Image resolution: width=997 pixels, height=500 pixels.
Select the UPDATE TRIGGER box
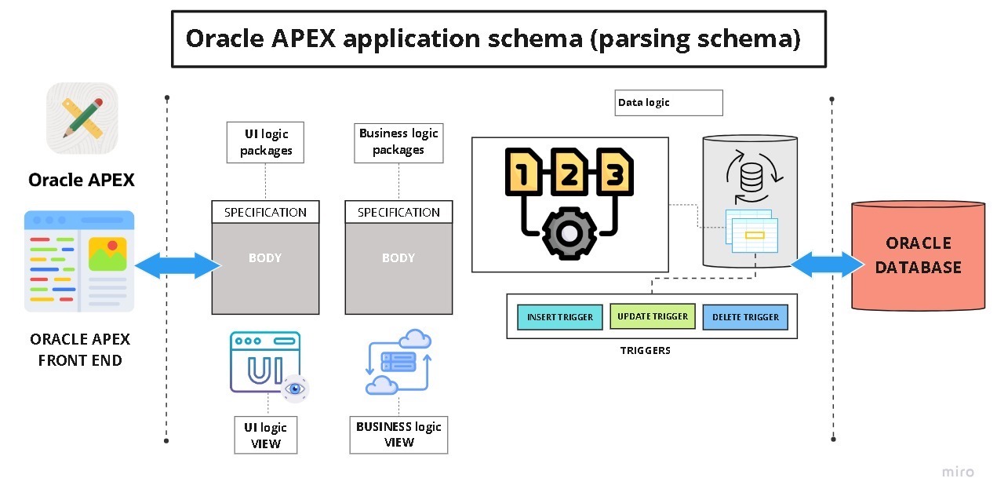[x=652, y=316]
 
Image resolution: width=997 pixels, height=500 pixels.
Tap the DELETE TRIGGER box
[x=744, y=317]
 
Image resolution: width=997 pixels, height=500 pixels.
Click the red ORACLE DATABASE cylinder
[x=918, y=256]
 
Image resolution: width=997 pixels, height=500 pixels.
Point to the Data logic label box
[x=668, y=103]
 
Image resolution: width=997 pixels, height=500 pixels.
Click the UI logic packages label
[x=266, y=142]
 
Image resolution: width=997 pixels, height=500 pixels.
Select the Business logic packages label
[x=398, y=142]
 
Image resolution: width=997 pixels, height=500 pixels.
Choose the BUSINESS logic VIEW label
[x=398, y=435]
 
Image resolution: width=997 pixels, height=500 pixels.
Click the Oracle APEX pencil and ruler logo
[x=82, y=118]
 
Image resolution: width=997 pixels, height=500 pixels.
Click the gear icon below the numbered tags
[x=569, y=233]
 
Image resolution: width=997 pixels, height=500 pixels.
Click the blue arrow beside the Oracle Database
[x=827, y=265]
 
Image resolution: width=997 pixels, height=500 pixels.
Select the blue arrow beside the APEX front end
[x=178, y=265]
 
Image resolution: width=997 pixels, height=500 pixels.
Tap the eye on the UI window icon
[x=295, y=388]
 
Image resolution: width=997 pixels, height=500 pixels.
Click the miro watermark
[x=958, y=472]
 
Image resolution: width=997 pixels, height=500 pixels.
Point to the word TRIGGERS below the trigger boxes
[x=645, y=350]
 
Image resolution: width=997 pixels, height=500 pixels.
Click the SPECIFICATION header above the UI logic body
[x=265, y=212]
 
